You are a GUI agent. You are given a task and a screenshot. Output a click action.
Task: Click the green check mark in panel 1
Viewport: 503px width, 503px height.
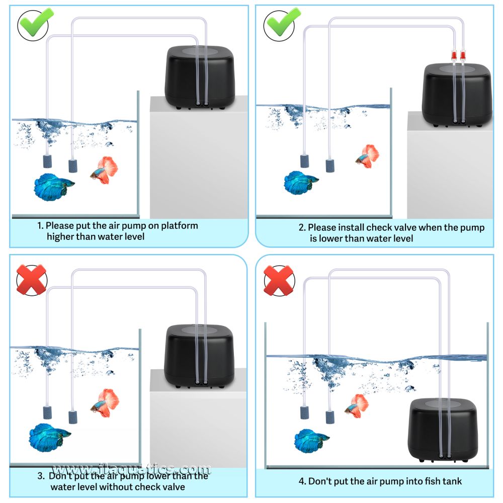pos(33,24)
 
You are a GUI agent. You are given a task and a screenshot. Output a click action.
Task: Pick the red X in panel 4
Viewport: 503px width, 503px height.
pos(279,280)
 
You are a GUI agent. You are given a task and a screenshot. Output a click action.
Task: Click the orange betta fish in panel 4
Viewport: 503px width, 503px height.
pos(358,405)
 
